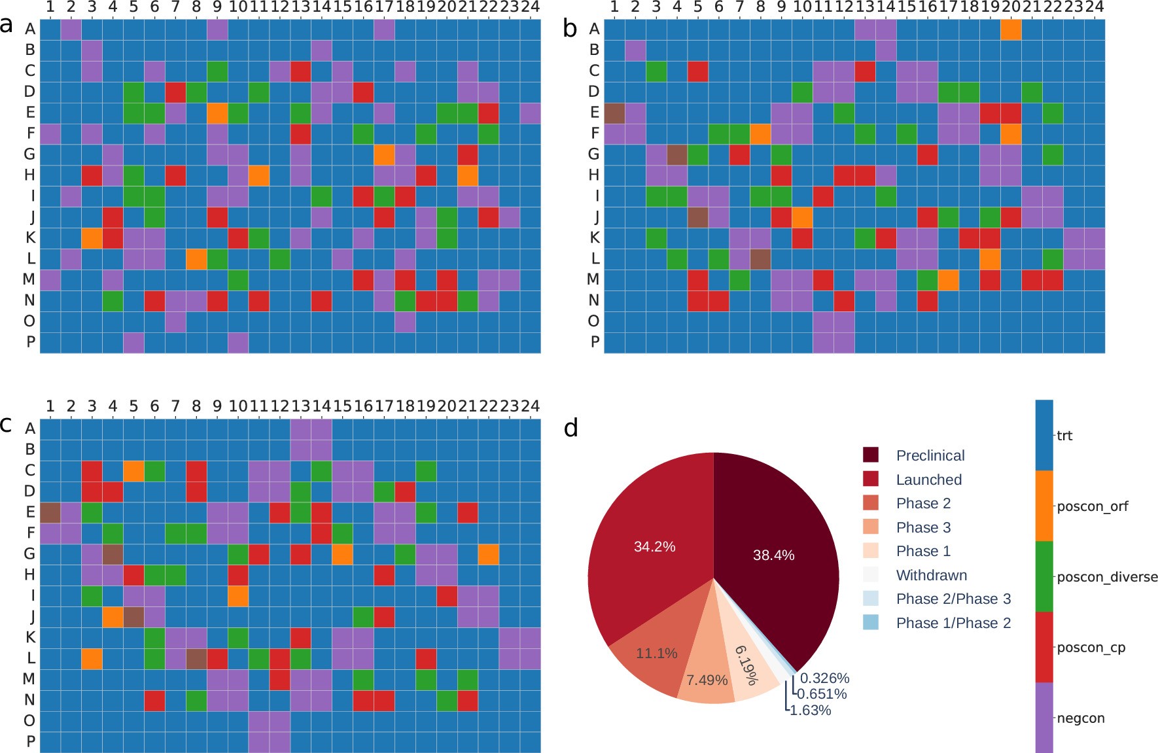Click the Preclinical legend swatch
(871, 455)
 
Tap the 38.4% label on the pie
(773, 555)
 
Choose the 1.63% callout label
(810, 710)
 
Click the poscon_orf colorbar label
(1093, 506)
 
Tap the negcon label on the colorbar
(1081, 718)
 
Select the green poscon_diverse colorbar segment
(1044, 576)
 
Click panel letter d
(570, 429)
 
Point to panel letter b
(570, 28)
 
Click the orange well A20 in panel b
(1011, 29)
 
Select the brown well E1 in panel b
(614, 113)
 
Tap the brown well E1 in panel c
(50, 512)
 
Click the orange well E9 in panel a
(217, 113)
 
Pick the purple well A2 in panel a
(71, 29)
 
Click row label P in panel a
(30, 342)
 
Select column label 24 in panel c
(531, 406)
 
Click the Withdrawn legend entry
(931, 576)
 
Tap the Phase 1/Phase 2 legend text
(953, 623)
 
